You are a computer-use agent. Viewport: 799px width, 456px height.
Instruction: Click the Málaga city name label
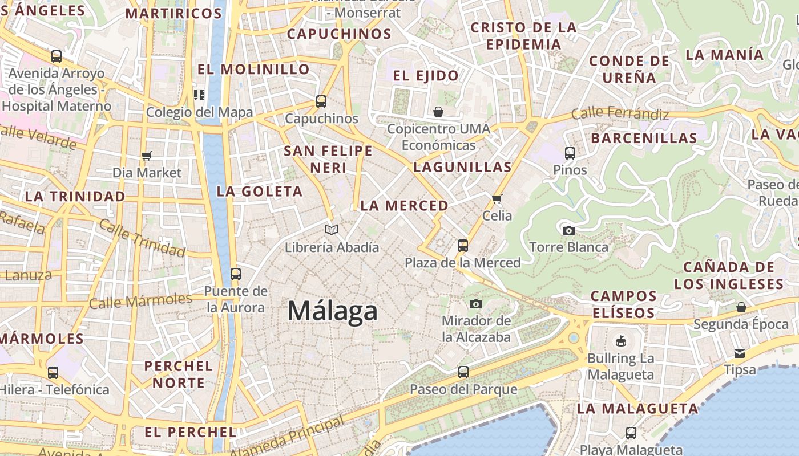click(332, 311)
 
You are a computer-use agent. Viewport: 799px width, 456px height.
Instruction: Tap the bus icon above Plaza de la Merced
click(463, 246)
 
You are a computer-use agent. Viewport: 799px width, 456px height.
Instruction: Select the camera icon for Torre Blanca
click(568, 230)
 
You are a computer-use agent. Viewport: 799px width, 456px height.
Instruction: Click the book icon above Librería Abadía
click(332, 230)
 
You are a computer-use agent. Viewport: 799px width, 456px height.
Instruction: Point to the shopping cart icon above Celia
click(497, 199)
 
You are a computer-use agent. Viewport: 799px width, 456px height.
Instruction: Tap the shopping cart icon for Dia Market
click(147, 155)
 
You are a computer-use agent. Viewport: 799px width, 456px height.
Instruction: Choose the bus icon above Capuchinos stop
click(321, 101)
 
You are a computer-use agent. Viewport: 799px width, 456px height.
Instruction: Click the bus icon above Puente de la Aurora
click(235, 274)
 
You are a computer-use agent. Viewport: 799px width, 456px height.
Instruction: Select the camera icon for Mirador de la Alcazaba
click(476, 304)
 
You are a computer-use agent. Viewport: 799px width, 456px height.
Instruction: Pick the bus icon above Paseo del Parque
click(463, 372)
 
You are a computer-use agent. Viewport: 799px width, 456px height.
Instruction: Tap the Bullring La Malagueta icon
click(620, 341)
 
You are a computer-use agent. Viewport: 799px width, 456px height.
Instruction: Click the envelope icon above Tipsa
click(740, 353)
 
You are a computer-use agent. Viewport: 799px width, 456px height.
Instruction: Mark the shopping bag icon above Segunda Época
click(741, 307)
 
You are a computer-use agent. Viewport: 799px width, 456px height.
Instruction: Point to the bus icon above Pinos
click(570, 153)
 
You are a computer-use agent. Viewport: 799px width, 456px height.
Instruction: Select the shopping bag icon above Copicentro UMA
click(438, 111)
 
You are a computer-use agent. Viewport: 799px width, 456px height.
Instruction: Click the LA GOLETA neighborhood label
click(260, 192)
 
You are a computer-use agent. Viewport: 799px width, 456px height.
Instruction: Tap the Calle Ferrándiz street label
click(620, 113)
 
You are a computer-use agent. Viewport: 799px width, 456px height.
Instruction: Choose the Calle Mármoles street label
click(140, 300)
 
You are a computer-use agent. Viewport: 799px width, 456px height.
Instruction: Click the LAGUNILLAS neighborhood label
click(462, 167)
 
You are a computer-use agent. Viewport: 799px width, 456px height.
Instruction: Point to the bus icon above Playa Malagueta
click(631, 433)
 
